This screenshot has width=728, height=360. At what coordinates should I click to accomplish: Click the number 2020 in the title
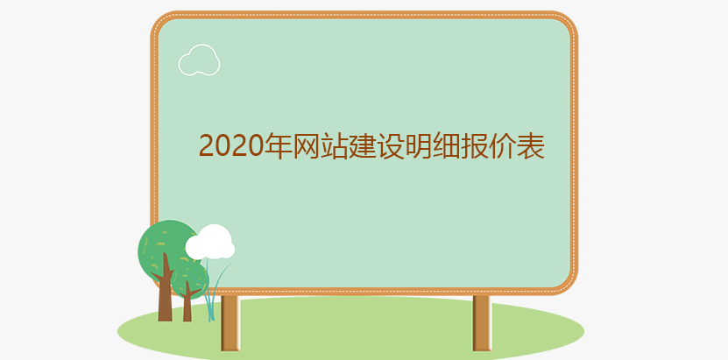coord(231,145)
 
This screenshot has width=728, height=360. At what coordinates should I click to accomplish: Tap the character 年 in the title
coord(278,145)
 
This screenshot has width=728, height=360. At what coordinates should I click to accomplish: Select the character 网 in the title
coord(306,145)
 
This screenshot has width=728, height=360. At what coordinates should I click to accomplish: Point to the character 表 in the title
coord(531,145)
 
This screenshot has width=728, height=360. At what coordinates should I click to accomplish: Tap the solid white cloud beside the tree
coord(210,242)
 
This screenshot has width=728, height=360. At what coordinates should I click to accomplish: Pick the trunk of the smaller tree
coord(187,304)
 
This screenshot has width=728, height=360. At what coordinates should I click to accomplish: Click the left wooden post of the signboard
coord(230,323)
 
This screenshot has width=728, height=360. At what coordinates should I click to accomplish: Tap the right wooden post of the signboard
coord(483,323)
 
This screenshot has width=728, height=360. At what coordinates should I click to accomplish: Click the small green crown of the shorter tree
coord(189,279)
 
